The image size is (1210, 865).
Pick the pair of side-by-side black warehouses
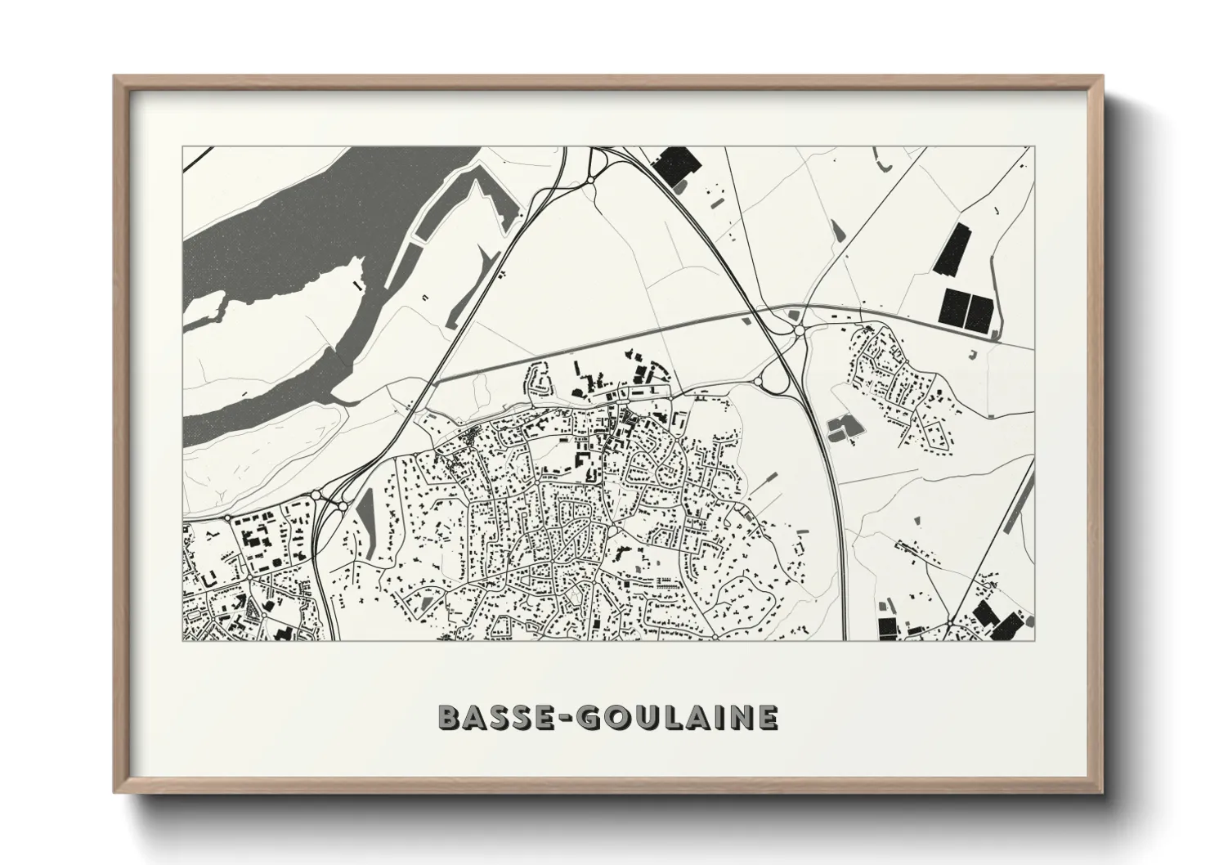click(968, 310)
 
